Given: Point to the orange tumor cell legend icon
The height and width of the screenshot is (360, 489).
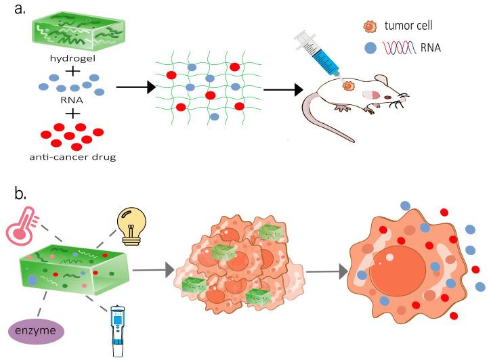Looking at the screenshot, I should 368,26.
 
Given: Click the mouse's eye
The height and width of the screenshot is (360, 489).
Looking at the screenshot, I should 388,97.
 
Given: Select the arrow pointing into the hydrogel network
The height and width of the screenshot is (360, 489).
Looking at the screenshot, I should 135,87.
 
